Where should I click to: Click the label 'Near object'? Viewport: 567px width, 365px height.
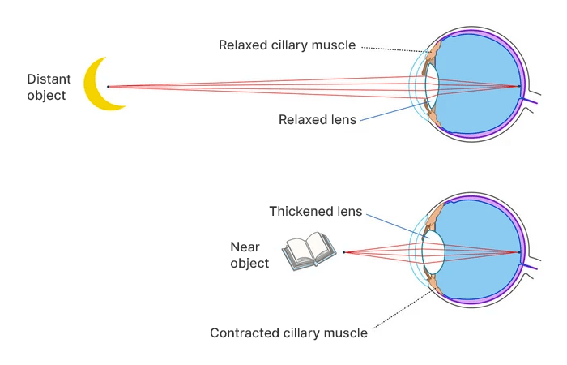pyautogui.click(x=249, y=255)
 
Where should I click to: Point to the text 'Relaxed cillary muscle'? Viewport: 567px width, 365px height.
pyautogui.click(x=287, y=45)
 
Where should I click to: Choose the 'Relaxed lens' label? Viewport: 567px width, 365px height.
pyautogui.click(x=317, y=119)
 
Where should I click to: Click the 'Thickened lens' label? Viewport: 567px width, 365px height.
pyautogui.click(x=315, y=211)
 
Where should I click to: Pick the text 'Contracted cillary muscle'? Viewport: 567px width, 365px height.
pyautogui.click(x=288, y=333)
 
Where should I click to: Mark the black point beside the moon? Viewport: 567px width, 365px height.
pyautogui.click(x=108, y=86)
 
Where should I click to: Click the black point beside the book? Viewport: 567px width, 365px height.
pyautogui.click(x=343, y=252)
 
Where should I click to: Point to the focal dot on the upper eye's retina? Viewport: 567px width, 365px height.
pyautogui.click(x=519, y=86)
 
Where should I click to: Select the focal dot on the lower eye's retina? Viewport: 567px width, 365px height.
pyautogui.click(x=519, y=252)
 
